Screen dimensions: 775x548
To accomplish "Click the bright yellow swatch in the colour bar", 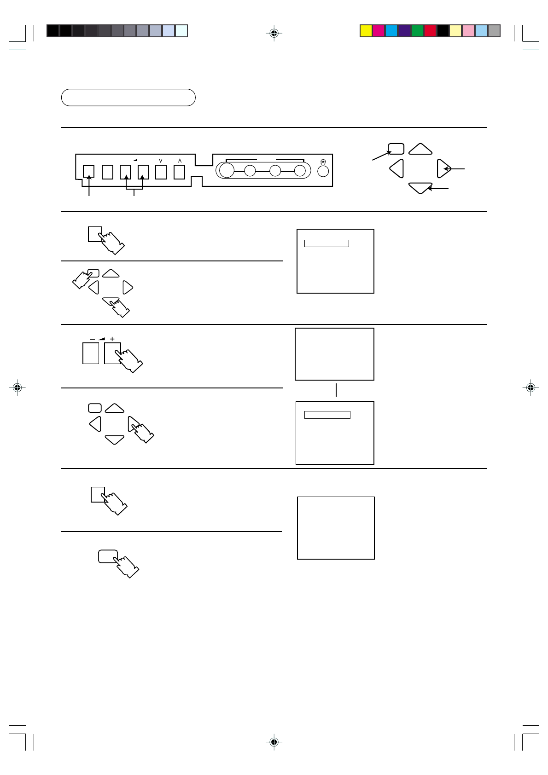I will [x=366, y=31].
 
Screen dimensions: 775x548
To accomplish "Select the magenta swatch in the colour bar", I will [x=379, y=31].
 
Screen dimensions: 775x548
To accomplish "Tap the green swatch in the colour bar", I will [x=417, y=31].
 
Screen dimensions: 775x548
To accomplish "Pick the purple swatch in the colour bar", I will [x=404, y=31].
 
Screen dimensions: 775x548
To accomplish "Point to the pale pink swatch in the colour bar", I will [x=468, y=31].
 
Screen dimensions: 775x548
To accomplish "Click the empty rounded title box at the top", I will [x=128, y=98].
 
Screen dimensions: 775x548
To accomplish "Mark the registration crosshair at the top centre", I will [x=274, y=33].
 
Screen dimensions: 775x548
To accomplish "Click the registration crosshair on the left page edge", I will [x=17, y=388].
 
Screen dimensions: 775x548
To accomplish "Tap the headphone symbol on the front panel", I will [x=323, y=162].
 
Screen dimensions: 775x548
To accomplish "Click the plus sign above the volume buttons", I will [x=112, y=339].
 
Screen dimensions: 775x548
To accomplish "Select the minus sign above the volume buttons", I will [x=93, y=339].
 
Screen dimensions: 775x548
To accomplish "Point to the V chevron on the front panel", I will [x=161, y=161].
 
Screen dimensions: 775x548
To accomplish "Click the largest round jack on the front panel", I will [x=227, y=171].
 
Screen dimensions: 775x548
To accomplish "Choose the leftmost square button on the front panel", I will [x=89, y=172].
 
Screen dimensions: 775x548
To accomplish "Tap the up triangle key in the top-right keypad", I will [x=420, y=150].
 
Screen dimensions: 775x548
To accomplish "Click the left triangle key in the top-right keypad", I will [x=397, y=168].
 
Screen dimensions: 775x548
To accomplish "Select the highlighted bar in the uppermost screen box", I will [x=326, y=243].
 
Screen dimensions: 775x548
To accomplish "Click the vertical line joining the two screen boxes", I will [x=336, y=390].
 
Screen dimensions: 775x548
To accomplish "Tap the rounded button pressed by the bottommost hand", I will [x=108, y=556].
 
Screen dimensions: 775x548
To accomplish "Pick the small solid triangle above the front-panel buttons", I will [x=135, y=160].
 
